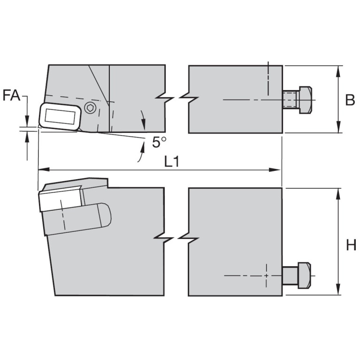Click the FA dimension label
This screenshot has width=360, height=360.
pos(11,95)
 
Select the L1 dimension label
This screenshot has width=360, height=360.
pos(172,162)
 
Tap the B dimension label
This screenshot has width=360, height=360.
pos(350,100)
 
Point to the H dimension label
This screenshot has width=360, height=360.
pos(351,245)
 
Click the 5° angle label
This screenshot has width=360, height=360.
pos(159,142)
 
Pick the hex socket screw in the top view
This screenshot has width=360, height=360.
pos(90,107)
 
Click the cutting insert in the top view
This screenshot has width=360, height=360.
pos(60,116)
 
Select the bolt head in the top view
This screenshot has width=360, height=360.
pos(306,100)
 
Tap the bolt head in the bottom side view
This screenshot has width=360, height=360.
pos(305,275)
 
